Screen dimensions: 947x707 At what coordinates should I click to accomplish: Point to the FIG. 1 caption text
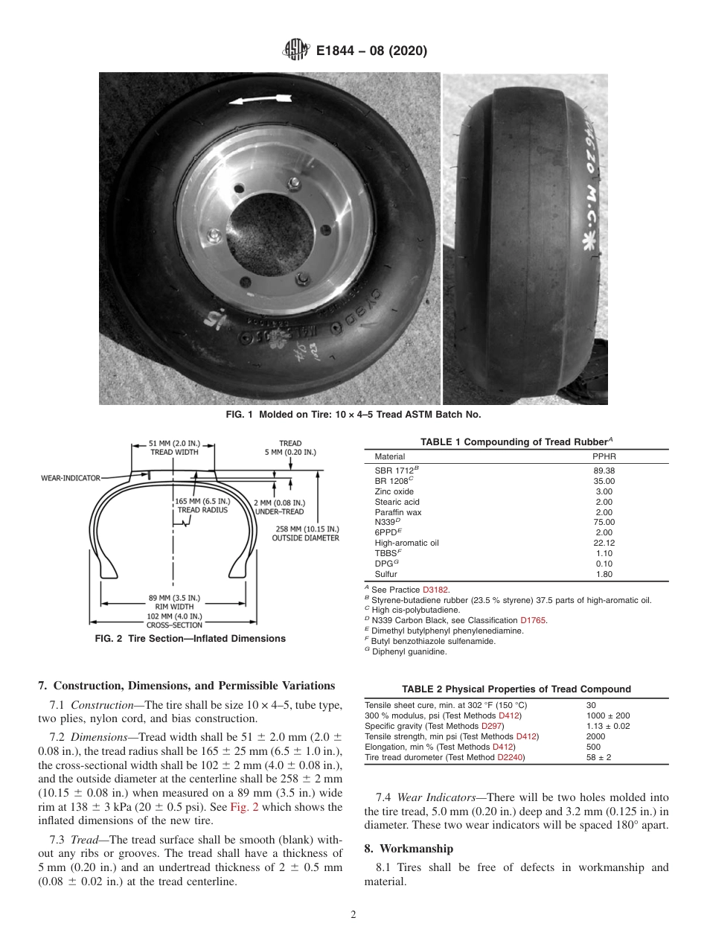[353, 414]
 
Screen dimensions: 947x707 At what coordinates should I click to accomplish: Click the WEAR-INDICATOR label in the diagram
[70, 478]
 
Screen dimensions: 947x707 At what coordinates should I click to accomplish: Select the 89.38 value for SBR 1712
[605, 471]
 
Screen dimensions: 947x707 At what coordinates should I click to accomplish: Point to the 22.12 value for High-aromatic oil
[605, 543]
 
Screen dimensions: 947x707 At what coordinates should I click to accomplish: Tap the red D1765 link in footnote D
[533, 620]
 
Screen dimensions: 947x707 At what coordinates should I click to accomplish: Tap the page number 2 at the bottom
[353, 915]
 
